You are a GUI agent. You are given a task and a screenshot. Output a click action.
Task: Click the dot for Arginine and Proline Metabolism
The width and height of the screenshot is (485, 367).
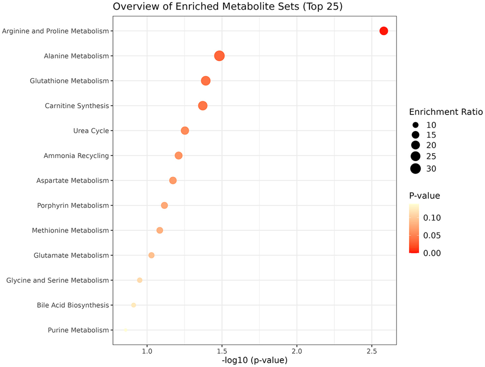click(384, 31)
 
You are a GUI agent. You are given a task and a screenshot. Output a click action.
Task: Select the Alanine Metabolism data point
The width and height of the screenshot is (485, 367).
click(219, 56)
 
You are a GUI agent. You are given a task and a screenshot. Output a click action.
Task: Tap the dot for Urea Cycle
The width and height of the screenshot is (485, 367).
click(185, 130)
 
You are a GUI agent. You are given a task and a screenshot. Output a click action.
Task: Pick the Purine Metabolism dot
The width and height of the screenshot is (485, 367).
click(126, 330)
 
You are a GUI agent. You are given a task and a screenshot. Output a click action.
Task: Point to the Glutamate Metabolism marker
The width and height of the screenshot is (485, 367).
click(151, 255)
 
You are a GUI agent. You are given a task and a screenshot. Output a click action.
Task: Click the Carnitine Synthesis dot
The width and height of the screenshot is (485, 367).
click(203, 106)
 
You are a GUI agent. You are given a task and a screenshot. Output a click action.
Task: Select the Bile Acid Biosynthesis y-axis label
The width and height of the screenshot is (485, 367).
click(73, 305)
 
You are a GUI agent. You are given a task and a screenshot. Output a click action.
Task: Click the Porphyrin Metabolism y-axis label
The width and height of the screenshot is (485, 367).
click(73, 205)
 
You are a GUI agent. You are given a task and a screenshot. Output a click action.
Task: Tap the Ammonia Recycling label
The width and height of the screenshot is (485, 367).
click(76, 155)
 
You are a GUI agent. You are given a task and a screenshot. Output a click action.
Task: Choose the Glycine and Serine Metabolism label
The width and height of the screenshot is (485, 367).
click(58, 280)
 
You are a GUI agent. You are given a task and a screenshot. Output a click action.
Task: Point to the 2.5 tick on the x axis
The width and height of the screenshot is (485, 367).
click(372, 351)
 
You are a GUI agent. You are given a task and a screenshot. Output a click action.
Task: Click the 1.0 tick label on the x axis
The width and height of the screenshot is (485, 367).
click(147, 351)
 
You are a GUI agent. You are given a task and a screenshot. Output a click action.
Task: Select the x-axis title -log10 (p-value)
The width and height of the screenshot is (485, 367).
click(255, 360)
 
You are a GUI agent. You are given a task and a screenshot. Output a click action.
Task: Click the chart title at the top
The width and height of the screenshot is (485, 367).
click(228, 7)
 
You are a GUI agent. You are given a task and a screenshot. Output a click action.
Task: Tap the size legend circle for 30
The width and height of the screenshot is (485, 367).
click(416, 168)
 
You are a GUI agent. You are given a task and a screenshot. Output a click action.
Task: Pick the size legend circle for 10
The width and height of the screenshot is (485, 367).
click(416, 125)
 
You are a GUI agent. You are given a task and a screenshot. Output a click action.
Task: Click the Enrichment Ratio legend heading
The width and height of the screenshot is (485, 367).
click(446, 112)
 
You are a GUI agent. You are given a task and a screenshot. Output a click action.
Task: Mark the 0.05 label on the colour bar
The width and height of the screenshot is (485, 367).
click(432, 235)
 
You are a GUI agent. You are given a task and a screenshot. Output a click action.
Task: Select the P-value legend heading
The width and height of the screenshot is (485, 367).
click(424, 195)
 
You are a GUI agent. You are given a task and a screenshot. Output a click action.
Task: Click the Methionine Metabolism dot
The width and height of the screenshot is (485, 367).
click(159, 230)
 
